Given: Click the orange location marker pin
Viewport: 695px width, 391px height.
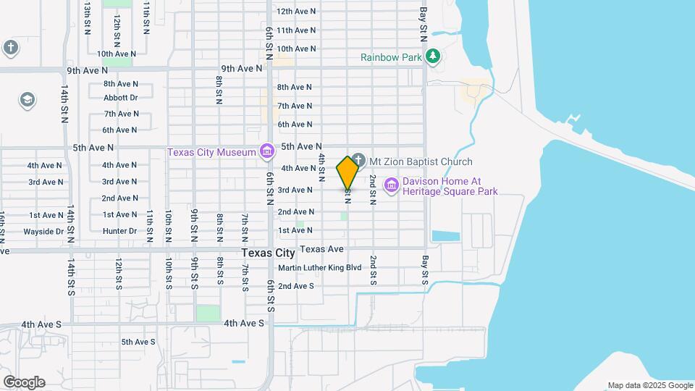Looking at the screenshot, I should (348, 173).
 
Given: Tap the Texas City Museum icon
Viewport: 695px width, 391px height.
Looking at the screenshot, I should (267, 151).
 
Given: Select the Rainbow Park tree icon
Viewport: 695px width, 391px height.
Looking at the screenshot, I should (433, 56).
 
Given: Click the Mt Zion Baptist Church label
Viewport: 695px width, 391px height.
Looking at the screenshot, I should (420, 161).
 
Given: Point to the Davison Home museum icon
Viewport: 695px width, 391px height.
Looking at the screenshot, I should (392, 186).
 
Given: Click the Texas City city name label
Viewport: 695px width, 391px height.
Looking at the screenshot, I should (268, 253).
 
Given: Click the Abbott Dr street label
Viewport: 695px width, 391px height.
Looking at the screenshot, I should (120, 98).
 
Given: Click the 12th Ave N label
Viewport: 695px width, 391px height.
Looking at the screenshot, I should (296, 12).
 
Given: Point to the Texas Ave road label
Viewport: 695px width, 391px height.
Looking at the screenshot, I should (321, 248).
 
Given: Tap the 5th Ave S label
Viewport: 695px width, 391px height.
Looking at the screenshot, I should (138, 342).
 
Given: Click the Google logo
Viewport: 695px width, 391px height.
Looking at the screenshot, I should (24, 382).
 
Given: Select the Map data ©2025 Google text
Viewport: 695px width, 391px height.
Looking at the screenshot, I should (650, 385).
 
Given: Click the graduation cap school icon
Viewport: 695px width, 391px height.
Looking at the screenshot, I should (28, 99).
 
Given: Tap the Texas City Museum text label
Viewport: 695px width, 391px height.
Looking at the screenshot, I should (212, 152).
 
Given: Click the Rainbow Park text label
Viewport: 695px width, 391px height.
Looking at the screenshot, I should (392, 56).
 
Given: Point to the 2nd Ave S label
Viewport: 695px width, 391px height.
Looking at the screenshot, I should (296, 286).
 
